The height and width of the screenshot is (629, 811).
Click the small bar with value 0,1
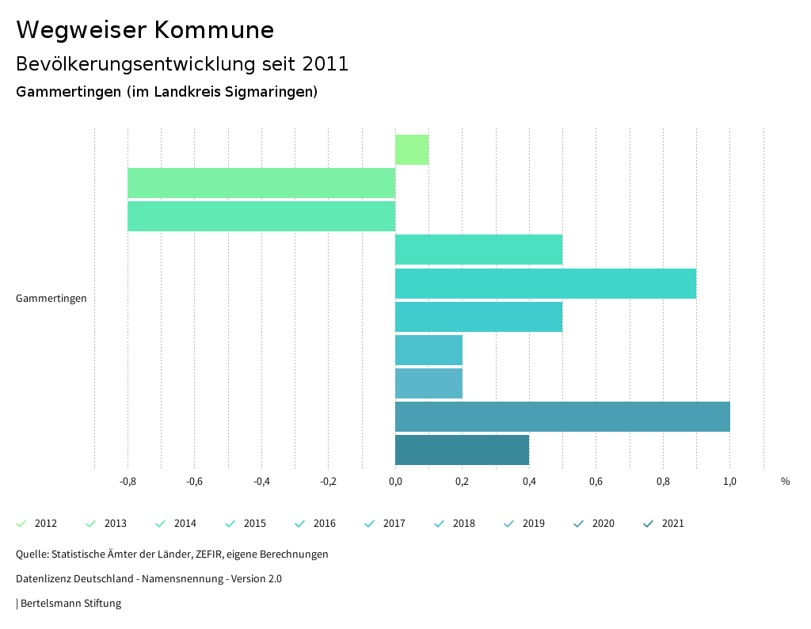[x=412, y=150]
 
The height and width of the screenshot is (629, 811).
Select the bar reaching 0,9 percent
[x=545, y=284]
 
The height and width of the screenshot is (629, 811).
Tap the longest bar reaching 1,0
[x=562, y=417]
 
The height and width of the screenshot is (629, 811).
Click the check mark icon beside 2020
[x=578, y=524]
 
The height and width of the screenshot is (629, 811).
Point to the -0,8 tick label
[x=128, y=481]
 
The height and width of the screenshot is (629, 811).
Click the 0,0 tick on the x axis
[x=395, y=481]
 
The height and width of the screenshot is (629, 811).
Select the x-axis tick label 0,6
[x=596, y=481]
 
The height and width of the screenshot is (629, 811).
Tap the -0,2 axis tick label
[x=328, y=481]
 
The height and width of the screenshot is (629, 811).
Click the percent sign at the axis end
[x=785, y=481]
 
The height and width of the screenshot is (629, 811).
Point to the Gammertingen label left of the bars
[x=51, y=299]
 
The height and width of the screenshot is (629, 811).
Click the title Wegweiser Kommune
[x=145, y=30]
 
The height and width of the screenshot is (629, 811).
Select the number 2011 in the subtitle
[x=326, y=64]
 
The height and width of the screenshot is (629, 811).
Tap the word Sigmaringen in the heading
[x=270, y=92]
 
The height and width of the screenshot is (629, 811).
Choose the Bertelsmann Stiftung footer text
[x=70, y=604]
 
